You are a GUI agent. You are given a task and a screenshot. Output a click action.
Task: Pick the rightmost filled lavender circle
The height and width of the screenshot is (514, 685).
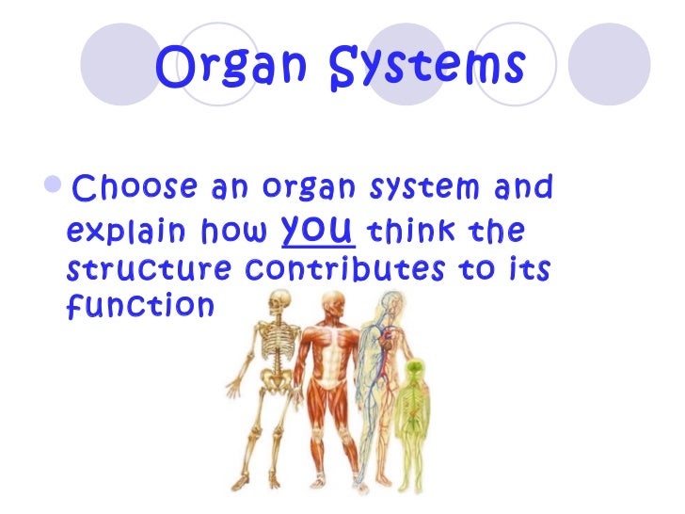point(612,63)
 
